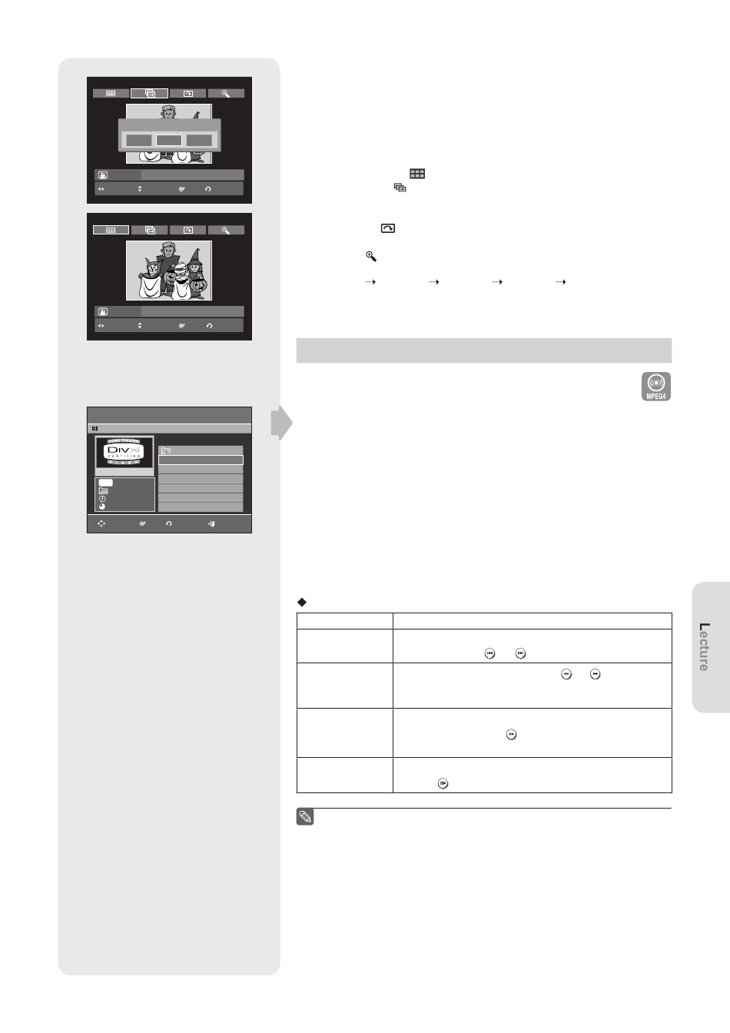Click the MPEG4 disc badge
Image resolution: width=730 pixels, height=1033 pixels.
point(655,387)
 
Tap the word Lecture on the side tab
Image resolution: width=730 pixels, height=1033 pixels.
point(704,646)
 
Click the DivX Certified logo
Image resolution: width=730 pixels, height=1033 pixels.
point(124,452)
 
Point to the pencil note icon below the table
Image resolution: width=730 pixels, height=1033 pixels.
point(305,817)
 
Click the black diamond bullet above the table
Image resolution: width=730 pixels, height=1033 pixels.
point(302,602)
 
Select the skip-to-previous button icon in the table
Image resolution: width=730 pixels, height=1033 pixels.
point(489,653)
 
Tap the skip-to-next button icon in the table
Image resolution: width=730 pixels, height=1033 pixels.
point(520,653)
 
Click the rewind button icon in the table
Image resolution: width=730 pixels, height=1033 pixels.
point(566,674)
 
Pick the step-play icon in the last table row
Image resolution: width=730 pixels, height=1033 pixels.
point(443,783)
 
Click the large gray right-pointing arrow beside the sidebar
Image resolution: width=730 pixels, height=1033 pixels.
point(281,423)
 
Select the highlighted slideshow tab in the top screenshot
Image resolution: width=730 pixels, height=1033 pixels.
point(149,93)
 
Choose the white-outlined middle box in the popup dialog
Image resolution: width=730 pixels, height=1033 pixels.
point(169,140)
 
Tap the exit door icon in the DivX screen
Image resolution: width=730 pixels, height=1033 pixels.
point(211,523)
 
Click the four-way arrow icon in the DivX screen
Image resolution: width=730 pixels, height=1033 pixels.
point(101,523)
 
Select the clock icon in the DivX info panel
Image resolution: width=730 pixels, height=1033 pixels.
point(102,499)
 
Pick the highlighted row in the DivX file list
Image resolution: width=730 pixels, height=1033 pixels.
point(201,460)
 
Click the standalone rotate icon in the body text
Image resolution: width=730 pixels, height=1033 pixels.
point(388,228)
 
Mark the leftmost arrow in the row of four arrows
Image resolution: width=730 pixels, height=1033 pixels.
point(370,281)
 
